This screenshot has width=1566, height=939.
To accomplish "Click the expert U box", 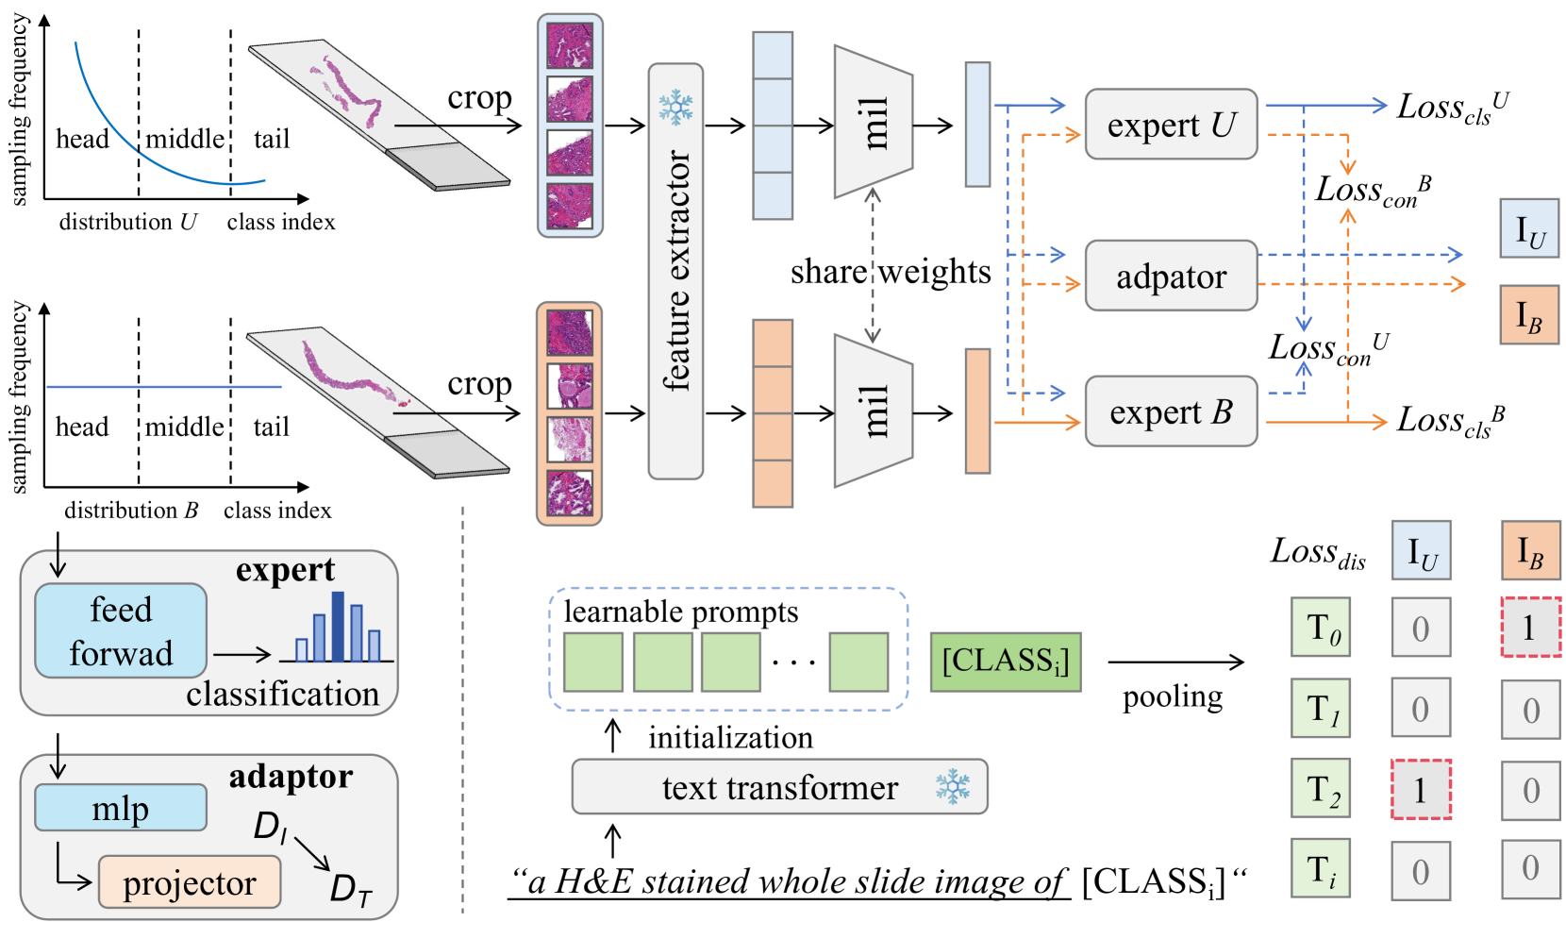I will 1170,125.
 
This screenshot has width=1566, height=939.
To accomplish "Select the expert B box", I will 1170,411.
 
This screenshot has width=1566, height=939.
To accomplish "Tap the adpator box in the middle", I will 1170,276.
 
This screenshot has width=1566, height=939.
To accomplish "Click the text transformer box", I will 779,787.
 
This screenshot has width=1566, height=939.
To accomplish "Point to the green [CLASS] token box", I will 1006,662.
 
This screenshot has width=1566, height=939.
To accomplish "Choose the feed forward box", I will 121,630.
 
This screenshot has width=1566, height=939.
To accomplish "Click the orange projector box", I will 190,882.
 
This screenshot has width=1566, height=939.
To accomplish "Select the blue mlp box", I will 121,808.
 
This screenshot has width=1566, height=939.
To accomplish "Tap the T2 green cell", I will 1321,789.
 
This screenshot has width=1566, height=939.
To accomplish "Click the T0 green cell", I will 1321,627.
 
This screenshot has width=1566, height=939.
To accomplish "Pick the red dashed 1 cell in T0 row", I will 1530,627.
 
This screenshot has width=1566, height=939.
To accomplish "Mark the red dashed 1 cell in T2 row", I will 1421,789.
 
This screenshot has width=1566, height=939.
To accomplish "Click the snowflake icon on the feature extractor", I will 675,108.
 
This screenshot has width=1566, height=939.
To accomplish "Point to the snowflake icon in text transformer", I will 953,786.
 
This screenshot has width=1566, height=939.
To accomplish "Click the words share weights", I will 891,272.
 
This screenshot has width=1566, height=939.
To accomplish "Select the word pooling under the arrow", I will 1173,696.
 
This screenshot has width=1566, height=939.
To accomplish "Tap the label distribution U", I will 128,223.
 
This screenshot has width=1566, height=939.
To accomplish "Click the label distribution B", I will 131,511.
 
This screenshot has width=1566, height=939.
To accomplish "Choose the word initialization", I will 730,737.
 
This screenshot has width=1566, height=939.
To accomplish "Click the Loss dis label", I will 1318,552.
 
